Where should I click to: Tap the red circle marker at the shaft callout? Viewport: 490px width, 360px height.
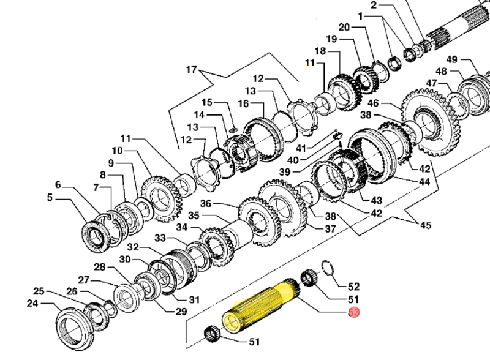[353, 313]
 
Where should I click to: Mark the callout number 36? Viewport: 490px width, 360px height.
[206, 204]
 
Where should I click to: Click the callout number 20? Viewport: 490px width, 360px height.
[344, 27]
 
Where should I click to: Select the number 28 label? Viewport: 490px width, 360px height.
[100, 267]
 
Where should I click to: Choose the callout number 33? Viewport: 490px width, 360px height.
[143, 238]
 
